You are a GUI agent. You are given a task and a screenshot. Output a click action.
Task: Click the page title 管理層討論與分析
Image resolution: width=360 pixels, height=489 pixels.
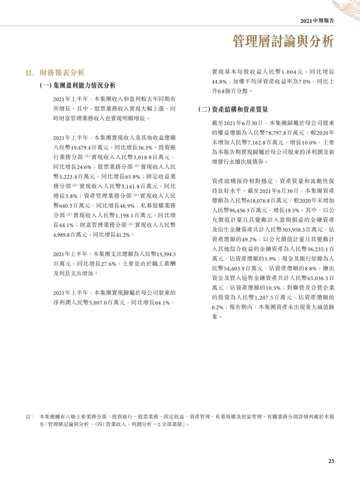[x=283, y=41]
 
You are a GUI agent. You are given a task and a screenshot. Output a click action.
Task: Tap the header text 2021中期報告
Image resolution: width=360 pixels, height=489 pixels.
[x=317, y=21]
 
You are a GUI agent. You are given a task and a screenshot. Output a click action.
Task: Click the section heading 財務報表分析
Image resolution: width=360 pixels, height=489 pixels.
[x=62, y=73]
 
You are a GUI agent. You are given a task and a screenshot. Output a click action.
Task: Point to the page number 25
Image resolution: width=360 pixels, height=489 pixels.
[x=331, y=461]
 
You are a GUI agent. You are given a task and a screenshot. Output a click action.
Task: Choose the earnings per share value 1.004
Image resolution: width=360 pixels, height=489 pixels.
[x=290, y=72]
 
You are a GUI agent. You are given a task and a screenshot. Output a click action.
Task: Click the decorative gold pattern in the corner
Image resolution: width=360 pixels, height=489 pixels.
[x=346, y=9]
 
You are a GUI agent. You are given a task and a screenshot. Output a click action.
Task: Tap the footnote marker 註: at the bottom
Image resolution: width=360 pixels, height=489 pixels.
[x=29, y=417]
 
